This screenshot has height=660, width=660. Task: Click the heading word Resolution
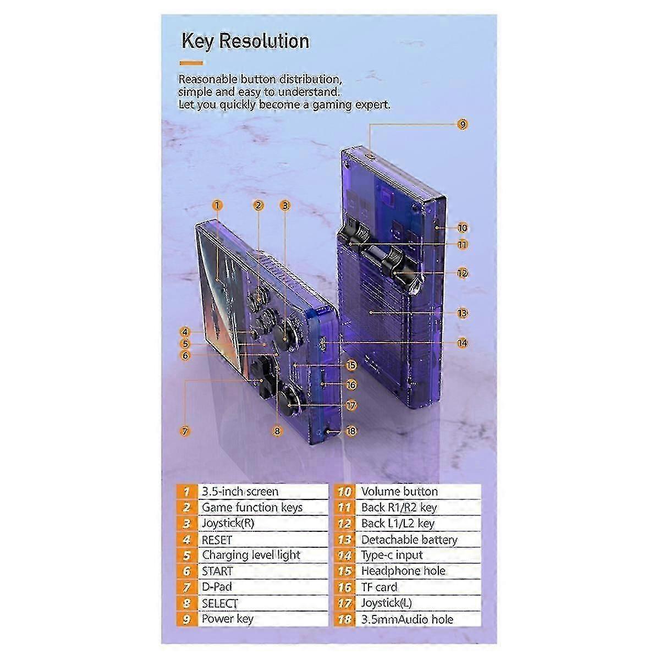click(264, 41)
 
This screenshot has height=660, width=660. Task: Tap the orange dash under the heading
click(191, 63)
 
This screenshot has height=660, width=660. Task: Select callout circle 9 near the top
click(463, 124)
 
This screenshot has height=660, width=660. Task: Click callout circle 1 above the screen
click(217, 206)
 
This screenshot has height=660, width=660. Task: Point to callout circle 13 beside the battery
click(463, 313)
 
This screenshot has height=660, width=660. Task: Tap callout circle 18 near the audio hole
click(351, 431)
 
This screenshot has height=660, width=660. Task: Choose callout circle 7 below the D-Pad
click(185, 431)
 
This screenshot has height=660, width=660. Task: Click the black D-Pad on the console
click(261, 377)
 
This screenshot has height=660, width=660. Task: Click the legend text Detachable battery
click(409, 540)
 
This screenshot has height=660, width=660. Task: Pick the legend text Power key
click(227, 619)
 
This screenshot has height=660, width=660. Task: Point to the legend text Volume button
click(400, 492)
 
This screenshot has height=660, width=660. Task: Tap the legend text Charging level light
click(251, 555)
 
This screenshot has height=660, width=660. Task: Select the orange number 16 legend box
click(344, 587)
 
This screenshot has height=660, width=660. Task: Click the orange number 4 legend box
click(187, 540)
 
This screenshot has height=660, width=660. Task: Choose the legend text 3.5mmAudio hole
click(407, 619)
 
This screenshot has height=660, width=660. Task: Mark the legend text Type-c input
click(392, 555)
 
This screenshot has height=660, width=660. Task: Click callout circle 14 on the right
click(463, 343)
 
